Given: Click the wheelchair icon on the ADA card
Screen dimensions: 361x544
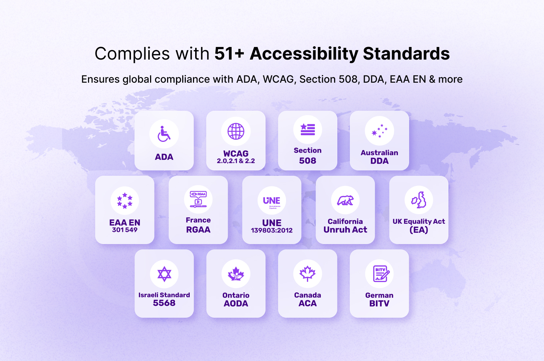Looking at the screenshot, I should (x=164, y=134).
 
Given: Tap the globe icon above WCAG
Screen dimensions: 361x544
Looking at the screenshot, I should (x=236, y=131).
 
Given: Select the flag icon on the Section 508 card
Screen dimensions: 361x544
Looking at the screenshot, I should (x=308, y=129).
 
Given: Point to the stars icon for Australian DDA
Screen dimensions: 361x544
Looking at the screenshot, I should (x=380, y=131).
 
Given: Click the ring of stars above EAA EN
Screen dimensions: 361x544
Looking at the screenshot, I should (x=125, y=201).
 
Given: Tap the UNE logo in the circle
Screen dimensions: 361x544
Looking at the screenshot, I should (x=272, y=201).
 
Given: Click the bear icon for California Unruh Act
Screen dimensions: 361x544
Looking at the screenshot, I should (x=345, y=200).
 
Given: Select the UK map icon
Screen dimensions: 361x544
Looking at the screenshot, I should (x=419, y=200).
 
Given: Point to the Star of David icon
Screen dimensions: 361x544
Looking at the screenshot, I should (x=164, y=274).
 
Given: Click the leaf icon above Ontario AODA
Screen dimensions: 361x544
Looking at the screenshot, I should (x=236, y=274).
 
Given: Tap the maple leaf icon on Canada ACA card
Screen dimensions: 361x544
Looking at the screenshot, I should (x=308, y=274).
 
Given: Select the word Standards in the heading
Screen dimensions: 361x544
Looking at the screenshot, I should (x=406, y=54).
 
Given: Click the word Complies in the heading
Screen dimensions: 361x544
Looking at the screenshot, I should (x=132, y=54).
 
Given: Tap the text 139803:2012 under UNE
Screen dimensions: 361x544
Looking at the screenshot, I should (x=272, y=230).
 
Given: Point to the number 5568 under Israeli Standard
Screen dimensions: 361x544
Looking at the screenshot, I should (x=164, y=303).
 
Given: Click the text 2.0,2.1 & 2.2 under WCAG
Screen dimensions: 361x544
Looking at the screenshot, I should (x=236, y=161).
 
